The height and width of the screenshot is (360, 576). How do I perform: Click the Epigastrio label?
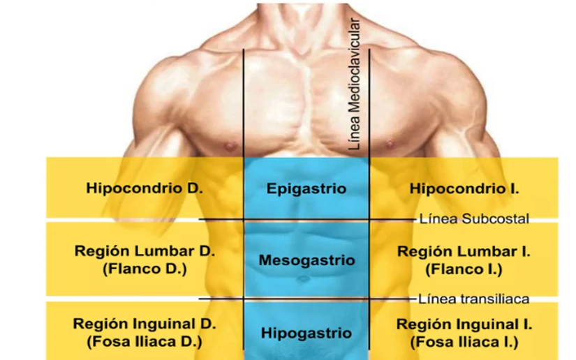point(307,188)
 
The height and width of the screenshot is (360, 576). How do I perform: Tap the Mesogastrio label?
point(307,260)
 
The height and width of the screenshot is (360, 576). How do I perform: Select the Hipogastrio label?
point(307,333)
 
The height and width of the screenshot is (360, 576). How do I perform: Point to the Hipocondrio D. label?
point(145,188)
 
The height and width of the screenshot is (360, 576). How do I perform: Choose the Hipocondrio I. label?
point(464,188)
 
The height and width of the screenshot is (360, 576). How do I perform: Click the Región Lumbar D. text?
point(145,251)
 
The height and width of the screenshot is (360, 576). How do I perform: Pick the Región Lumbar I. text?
point(464,251)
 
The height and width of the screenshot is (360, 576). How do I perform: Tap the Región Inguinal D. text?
point(145,324)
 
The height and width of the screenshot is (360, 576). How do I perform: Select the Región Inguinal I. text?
point(464,324)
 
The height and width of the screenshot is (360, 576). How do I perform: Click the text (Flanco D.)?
point(145,269)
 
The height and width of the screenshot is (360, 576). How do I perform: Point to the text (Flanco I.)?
point(464,269)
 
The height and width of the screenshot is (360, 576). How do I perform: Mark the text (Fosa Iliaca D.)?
point(145,342)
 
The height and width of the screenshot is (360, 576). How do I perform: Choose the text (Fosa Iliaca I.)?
point(464,342)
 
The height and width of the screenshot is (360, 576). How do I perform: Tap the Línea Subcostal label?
point(473,219)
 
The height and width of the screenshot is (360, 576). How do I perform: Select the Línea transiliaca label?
point(473,299)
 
